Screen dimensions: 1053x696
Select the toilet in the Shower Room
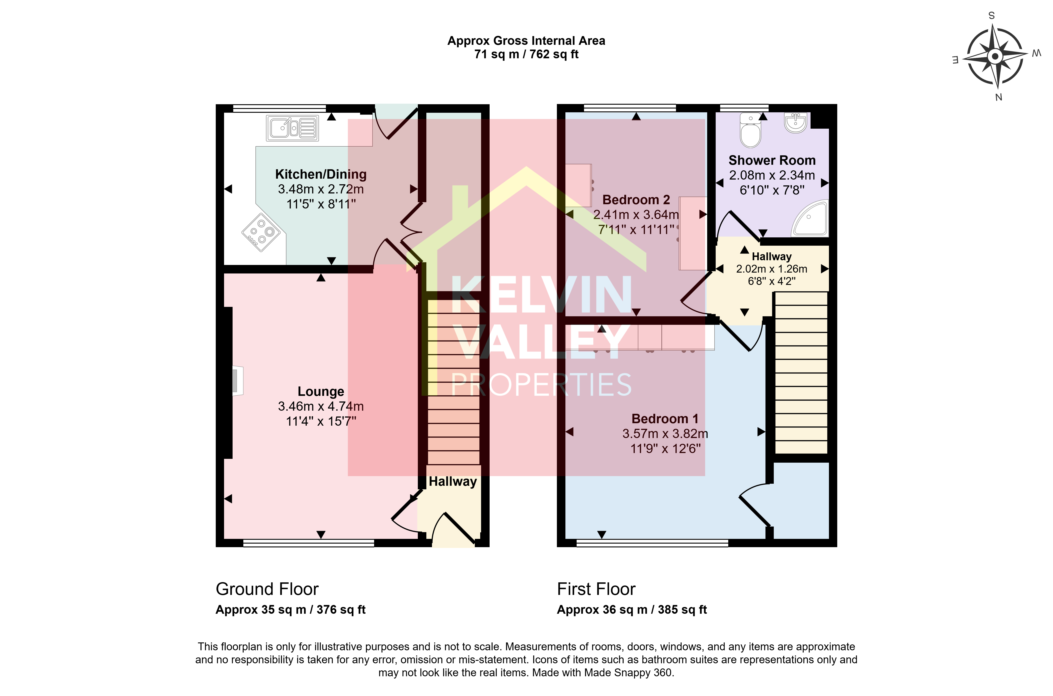[x=750, y=130]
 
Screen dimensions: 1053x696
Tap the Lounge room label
[x=321, y=392]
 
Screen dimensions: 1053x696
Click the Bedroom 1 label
[x=665, y=418]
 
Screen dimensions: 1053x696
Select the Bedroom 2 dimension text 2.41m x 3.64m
[x=636, y=215]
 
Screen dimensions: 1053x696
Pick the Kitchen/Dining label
[x=321, y=174]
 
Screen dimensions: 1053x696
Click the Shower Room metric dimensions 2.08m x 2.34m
[x=772, y=175]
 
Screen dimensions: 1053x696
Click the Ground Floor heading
[x=267, y=589]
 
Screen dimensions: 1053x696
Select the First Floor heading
[x=596, y=589]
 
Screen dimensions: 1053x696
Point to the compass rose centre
[x=995, y=56]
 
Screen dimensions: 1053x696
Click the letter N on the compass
[x=999, y=97]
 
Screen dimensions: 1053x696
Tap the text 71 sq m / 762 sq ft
[x=526, y=54]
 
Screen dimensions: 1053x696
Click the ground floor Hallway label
[x=453, y=482]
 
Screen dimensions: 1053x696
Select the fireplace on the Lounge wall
[x=237, y=380]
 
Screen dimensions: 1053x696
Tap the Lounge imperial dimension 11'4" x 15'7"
[x=321, y=421]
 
